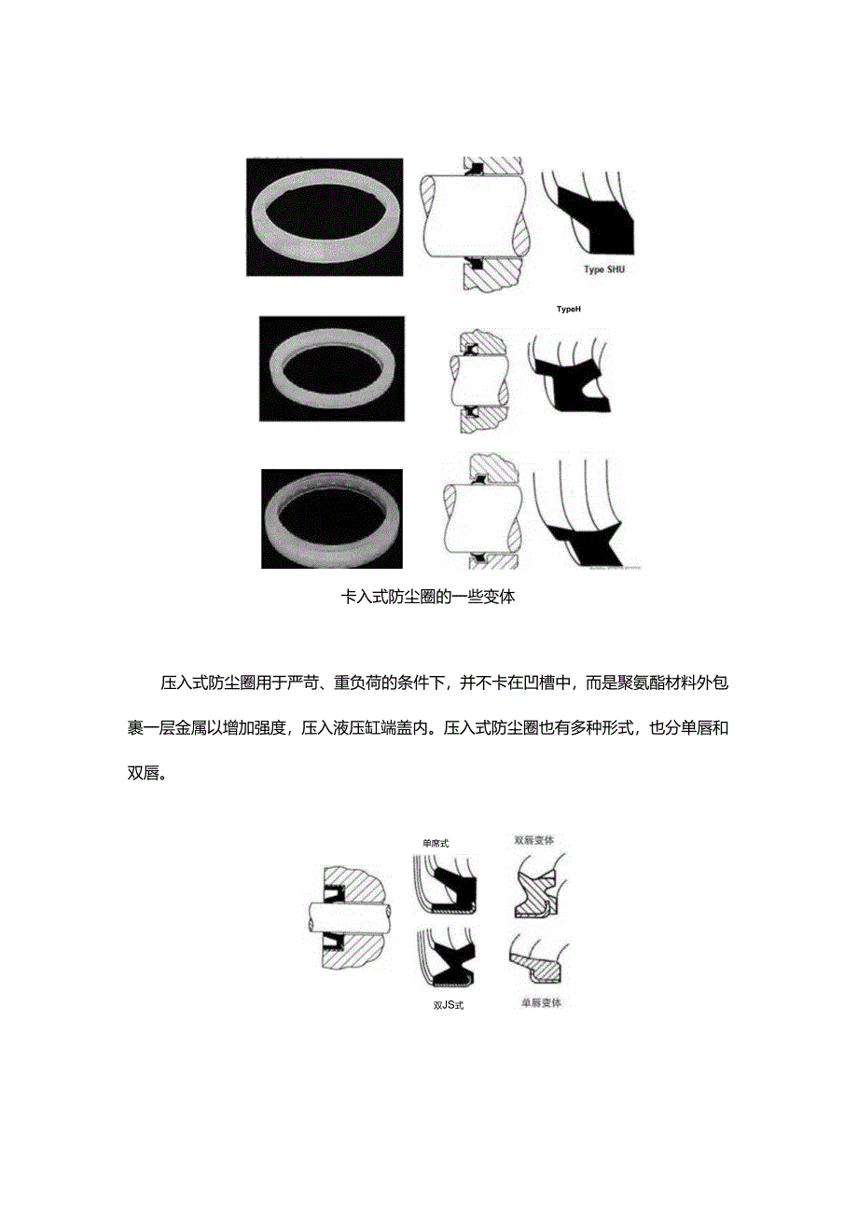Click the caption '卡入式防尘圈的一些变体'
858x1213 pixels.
point(429,598)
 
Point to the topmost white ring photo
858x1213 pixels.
point(324,216)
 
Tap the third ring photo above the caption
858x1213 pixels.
point(331,518)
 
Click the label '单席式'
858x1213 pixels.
point(436,843)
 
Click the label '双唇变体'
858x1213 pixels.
point(534,839)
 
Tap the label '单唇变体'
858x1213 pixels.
point(541,1003)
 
